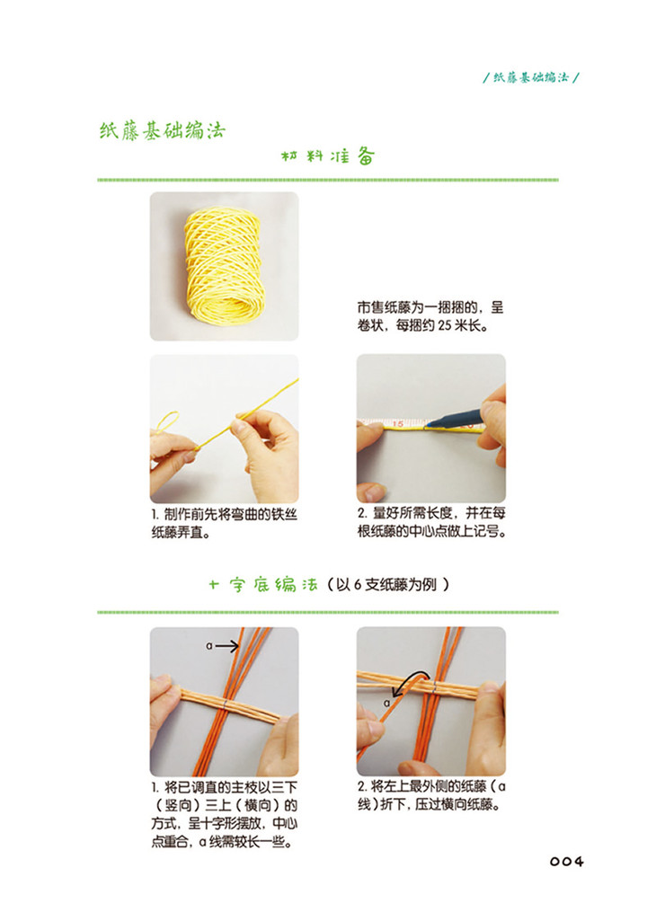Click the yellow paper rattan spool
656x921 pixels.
[223, 265]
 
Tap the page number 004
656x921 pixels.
[567, 862]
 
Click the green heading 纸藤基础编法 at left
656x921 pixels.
[162, 130]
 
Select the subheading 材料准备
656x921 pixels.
[327, 156]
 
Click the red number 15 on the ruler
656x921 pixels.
[398, 423]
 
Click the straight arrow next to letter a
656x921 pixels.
[226, 646]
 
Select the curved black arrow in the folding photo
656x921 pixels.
[410, 681]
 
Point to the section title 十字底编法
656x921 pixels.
[263, 584]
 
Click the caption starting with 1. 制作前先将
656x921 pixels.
[225, 523]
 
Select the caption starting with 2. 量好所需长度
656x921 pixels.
[431, 522]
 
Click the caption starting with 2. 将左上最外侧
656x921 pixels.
[431, 794]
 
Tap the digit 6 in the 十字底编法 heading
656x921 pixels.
[357, 584]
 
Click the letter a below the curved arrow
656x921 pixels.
[387, 703]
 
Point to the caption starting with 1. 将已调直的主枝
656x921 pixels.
[225, 814]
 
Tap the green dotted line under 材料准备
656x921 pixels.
[328, 180]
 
